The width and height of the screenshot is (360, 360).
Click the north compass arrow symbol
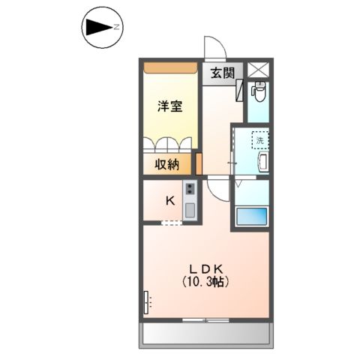pyautogui.click(x=98, y=28)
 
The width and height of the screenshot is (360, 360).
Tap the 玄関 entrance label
pyautogui.click(x=221, y=73)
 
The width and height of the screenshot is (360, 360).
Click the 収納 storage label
pyautogui.click(x=168, y=164)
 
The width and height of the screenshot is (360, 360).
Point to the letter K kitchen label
pyautogui.click(x=169, y=200)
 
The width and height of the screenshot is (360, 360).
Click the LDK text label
pyautogui.click(x=202, y=269)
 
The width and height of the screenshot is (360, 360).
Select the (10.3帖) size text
pyautogui.click(x=203, y=283)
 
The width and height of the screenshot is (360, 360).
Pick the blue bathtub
pyautogui.click(x=251, y=218)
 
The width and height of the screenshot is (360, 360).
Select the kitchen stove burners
pyautogui.click(x=190, y=189)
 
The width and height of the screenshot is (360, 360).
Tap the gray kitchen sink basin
pyautogui.click(x=190, y=208)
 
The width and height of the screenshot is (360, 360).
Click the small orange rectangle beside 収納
pyautogui.click(x=199, y=163)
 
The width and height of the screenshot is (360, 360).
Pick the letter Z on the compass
pyautogui.click(x=117, y=28)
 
